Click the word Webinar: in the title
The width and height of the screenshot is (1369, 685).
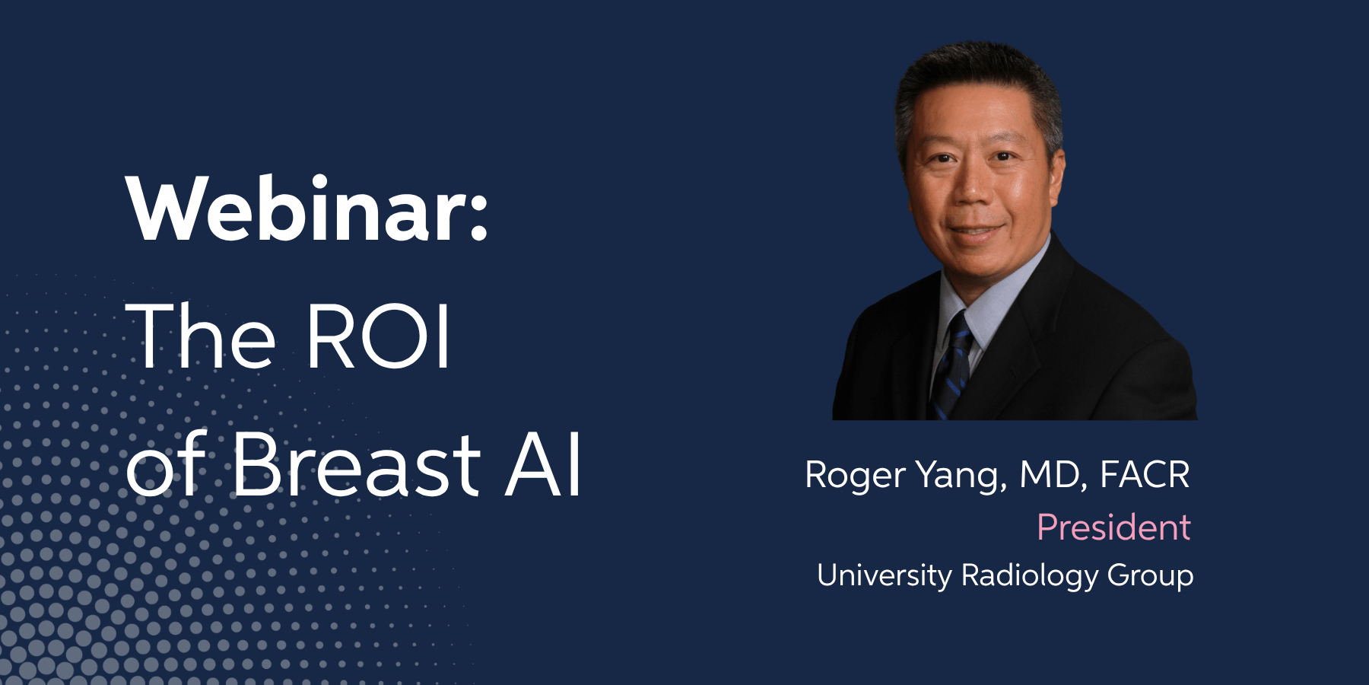click(x=308, y=209)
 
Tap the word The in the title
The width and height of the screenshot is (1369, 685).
click(x=201, y=335)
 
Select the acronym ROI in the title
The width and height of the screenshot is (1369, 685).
click(x=379, y=336)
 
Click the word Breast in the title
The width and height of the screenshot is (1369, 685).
click(x=355, y=464)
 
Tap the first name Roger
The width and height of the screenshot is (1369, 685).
click(x=855, y=476)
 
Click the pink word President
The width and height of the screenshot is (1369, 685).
click(x=1114, y=527)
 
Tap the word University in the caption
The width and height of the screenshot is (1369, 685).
click(x=884, y=576)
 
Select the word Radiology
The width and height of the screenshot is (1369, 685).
click(x=1030, y=576)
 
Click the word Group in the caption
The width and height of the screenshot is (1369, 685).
click(x=1150, y=576)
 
